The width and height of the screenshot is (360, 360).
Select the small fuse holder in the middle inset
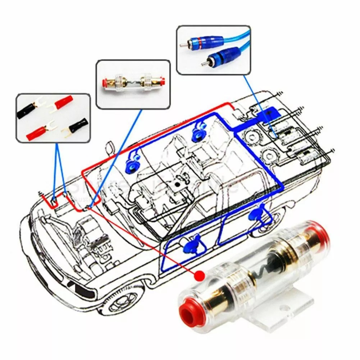[133, 83]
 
